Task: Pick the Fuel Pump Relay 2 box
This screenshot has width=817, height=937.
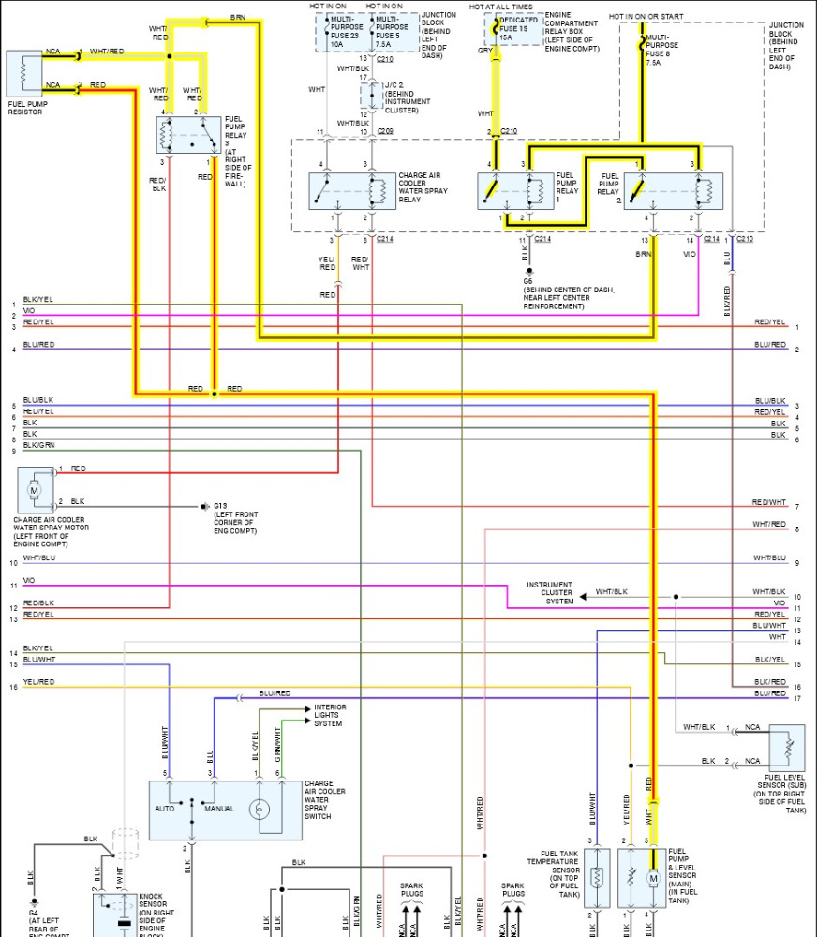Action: (673, 191)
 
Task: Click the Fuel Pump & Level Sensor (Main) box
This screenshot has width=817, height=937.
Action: (641, 878)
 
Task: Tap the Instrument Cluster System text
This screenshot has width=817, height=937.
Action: (549, 593)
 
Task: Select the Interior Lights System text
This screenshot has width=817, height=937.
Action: (330, 715)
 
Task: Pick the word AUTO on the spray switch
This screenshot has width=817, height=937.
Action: (164, 808)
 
